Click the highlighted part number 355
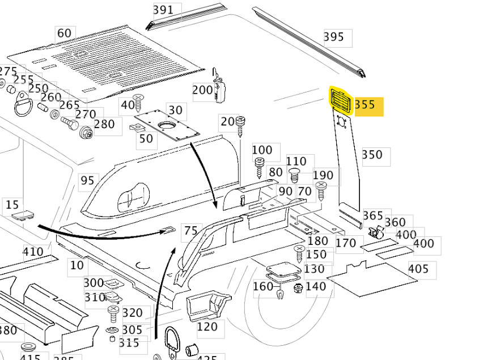point(366,105)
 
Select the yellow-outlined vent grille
point(341,101)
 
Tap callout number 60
point(65,33)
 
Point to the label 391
point(163,10)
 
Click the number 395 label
point(334,37)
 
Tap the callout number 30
point(176,111)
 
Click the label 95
point(87,181)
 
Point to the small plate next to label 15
point(23,215)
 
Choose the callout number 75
point(192,231)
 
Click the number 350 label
point(372,155)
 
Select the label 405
point(418,269)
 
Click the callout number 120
point(207,327)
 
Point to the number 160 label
point(263,287)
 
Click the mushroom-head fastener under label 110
point(295,172)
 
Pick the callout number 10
point(77,265)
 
